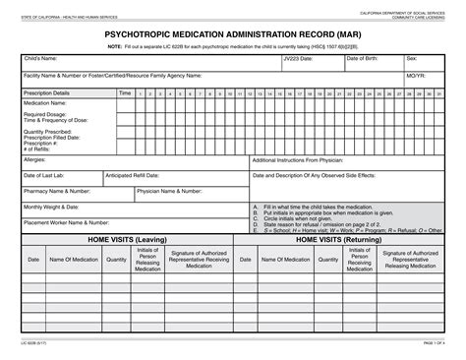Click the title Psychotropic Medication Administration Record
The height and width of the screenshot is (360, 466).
pos(232,32)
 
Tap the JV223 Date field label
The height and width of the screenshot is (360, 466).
pos(298,59)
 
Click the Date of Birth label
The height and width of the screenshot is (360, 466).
pos(364,59)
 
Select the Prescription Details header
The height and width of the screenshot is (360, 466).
pos(46,92)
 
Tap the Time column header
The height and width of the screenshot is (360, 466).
pos(124,92)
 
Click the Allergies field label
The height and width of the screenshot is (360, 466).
pos(34,158)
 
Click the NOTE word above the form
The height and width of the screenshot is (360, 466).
pos(115,45)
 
